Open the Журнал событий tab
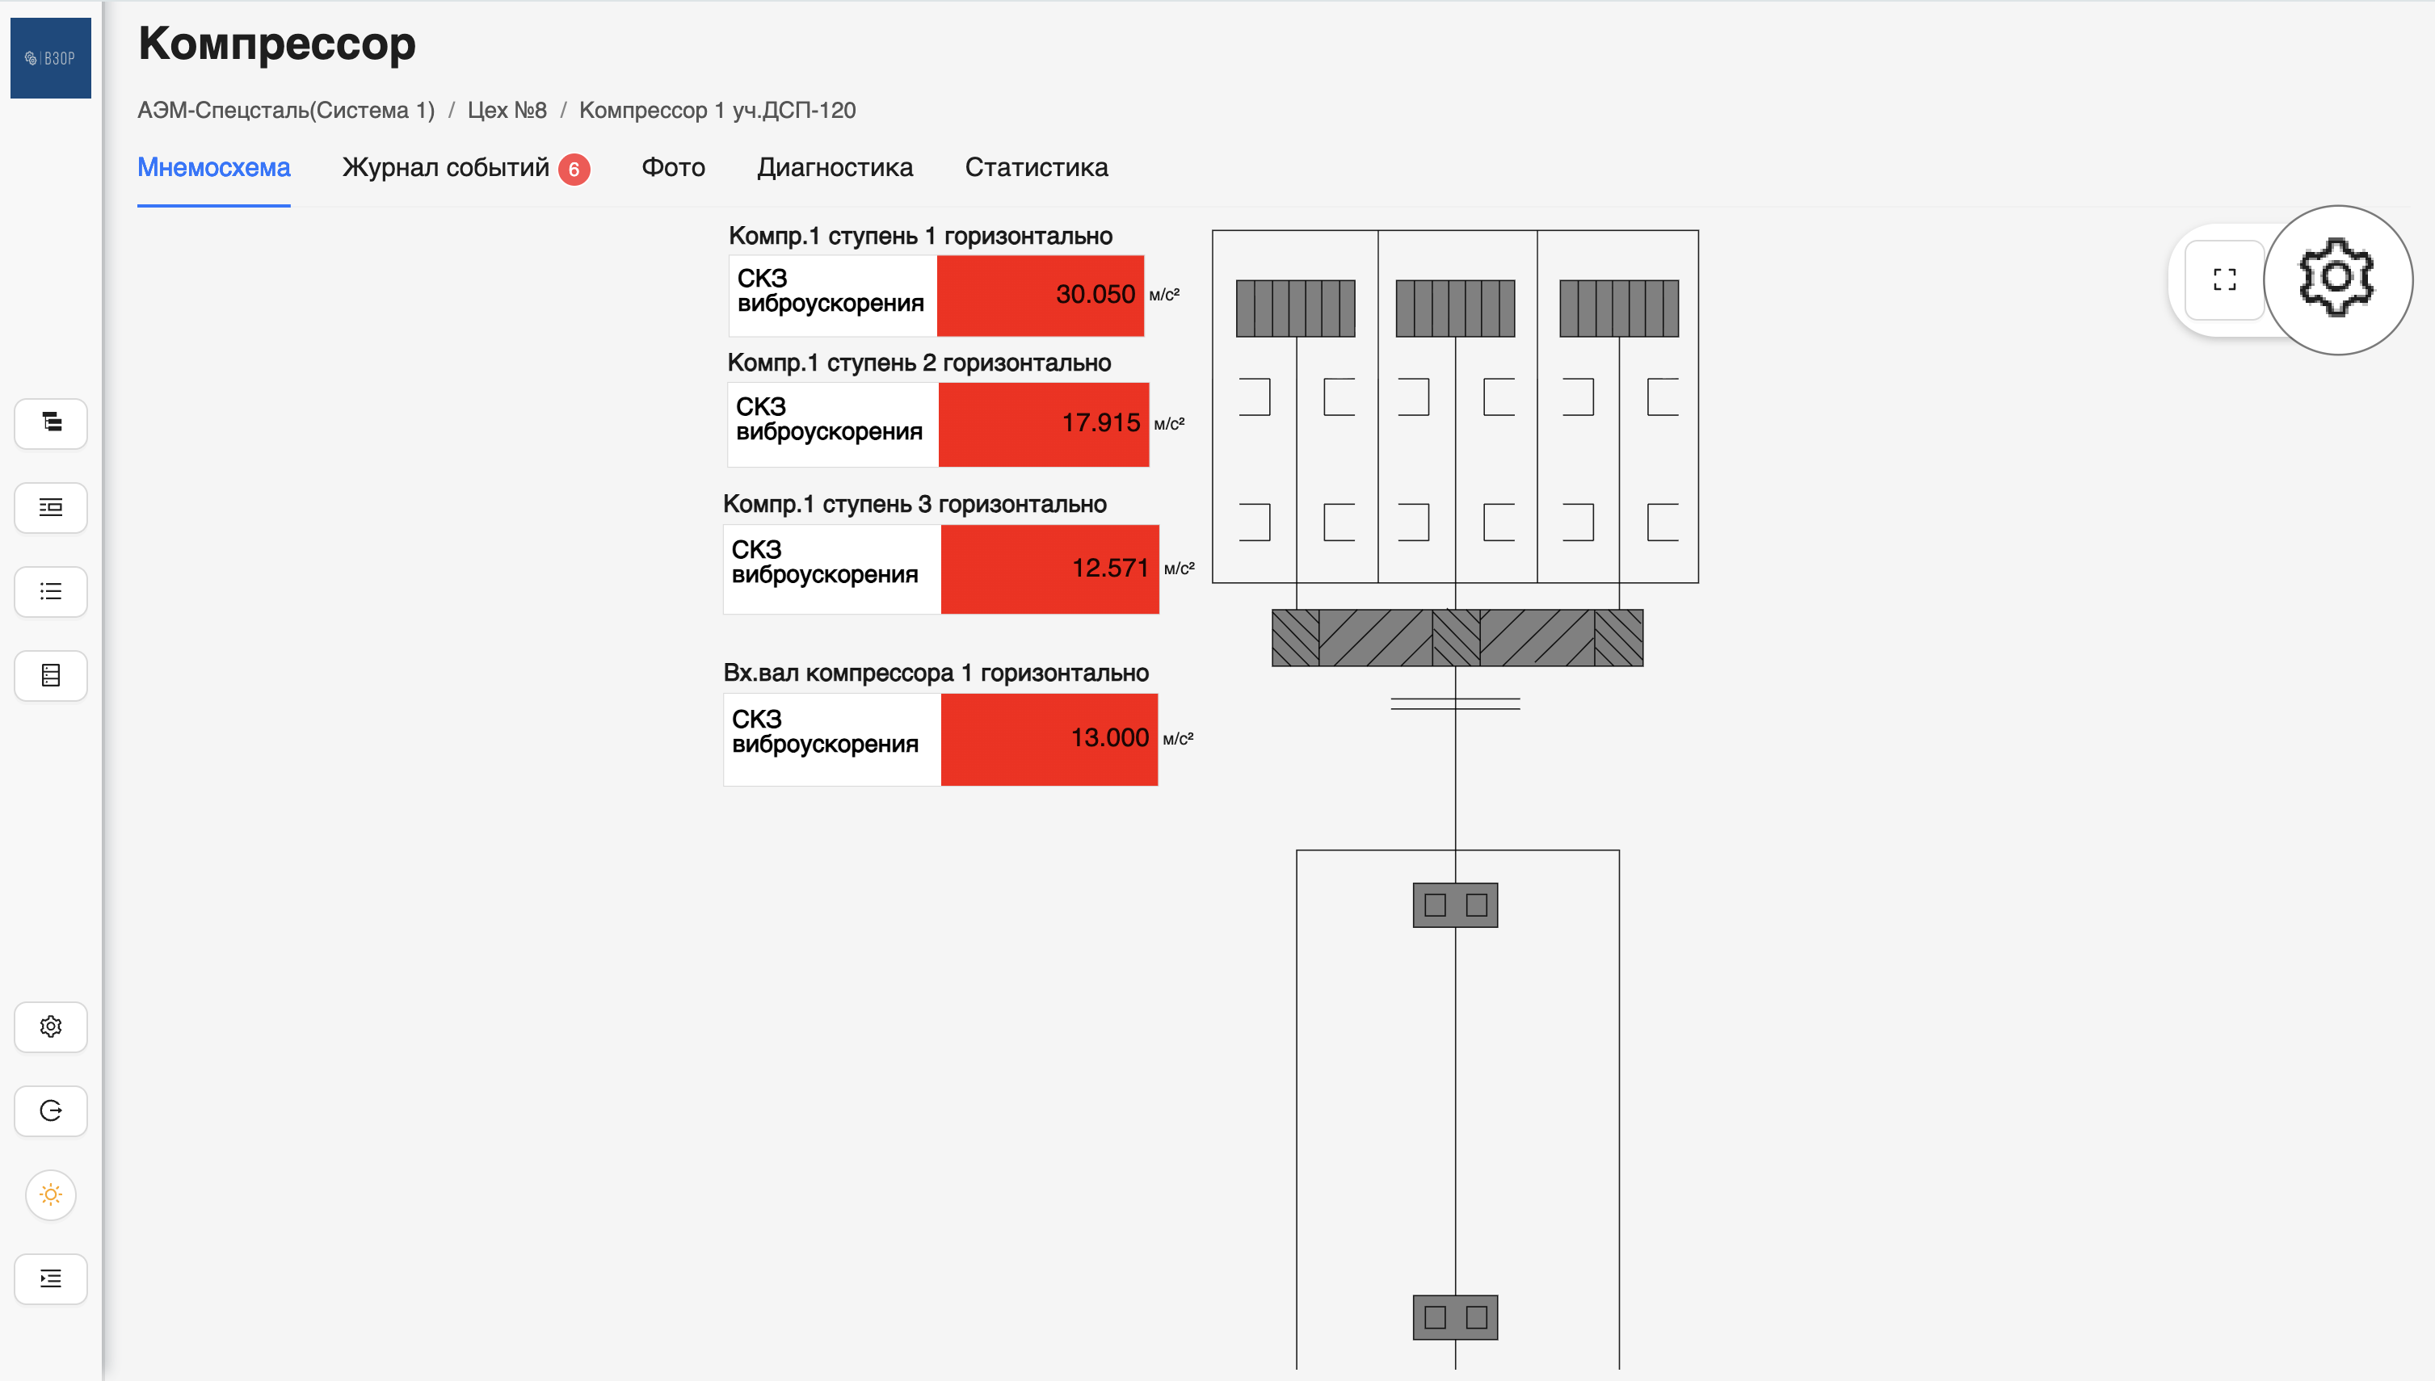click(x=446, y=168)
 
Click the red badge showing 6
click(x=574, y=170)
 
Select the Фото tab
click(x=674, y=168)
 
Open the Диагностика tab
click(x=835, y=168)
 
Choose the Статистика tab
click(x=1037, y=168)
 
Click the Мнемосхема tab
click(x=214, y=168)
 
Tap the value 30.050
click(x=1096, y=294)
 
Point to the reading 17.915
click(x=1101, y=423)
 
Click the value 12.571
click(x=1110, y=568)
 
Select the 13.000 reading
click(x=1110, y=738)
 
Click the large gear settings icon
click(x=2337, y=279)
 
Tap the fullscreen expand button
click(x=2224, y=279)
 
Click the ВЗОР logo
click(x=51, y=58)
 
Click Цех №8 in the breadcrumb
click(x=507, y=111)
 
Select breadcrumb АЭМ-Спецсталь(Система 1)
click(x=287, y=111)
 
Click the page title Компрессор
click(x=277, y=44)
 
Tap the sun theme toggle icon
click(x=51, y=1194)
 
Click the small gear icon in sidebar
click(x=51, y=1026)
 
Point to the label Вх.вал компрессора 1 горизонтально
click(x=936, y=674)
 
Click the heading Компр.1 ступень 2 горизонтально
click(x=919, y=363)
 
